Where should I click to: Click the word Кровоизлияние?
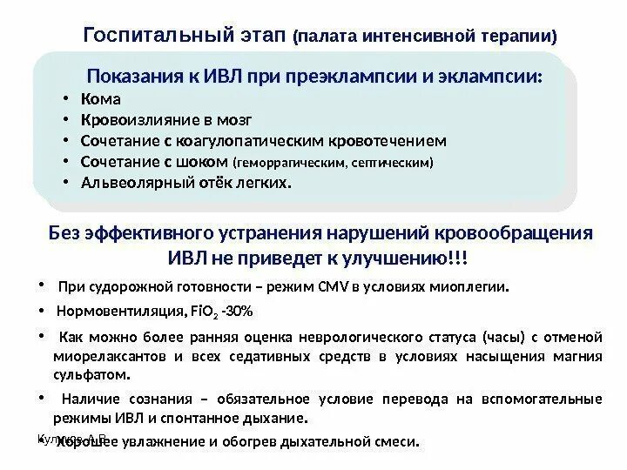[x=132, y=119]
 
